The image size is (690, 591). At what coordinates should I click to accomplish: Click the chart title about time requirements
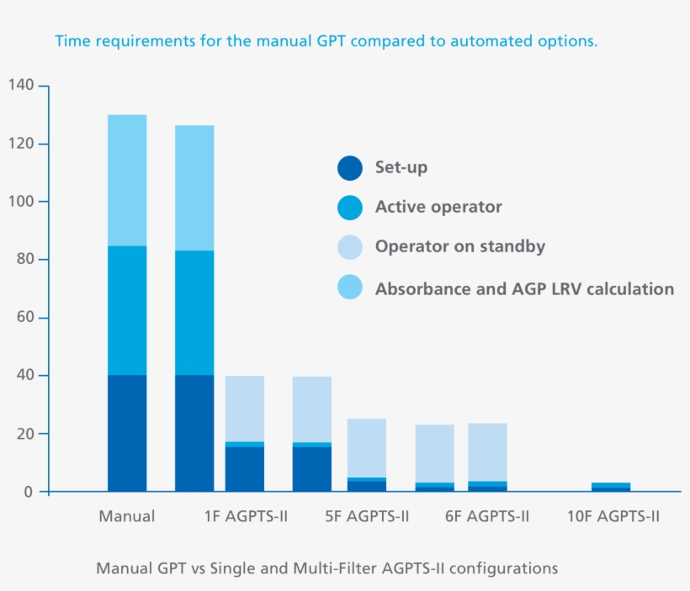pos(326,41)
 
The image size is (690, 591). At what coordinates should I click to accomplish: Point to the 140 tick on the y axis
pos(22,86)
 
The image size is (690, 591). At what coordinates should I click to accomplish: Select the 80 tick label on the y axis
pos(25,260)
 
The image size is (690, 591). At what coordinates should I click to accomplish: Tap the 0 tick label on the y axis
pos(29,492)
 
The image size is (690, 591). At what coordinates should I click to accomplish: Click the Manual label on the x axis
pos(127,516)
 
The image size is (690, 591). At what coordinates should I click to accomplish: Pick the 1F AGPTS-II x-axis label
pos(245,516)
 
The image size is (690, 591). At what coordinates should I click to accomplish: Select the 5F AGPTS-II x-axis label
pos(367,516)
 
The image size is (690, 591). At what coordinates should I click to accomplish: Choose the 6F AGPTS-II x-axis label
pos(487,516)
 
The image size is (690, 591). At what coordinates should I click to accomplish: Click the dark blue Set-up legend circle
pos(349,168)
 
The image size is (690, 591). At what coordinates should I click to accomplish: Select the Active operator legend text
pos(438,207)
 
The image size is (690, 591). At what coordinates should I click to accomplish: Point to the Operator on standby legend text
pos(460,246)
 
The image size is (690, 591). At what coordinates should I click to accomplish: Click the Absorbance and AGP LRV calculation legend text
pos(524,289)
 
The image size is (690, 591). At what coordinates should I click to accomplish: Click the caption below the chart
pos(326,568)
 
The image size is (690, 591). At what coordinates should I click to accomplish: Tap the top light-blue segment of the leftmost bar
pos(127,180)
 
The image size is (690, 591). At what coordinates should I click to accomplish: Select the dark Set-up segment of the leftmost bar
pos(127,433)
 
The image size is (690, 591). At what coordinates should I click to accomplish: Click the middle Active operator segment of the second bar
pos(194,313)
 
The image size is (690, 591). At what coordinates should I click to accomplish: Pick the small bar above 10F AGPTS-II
pos(611,487)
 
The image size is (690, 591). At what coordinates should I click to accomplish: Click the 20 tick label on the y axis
pos(25,434)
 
